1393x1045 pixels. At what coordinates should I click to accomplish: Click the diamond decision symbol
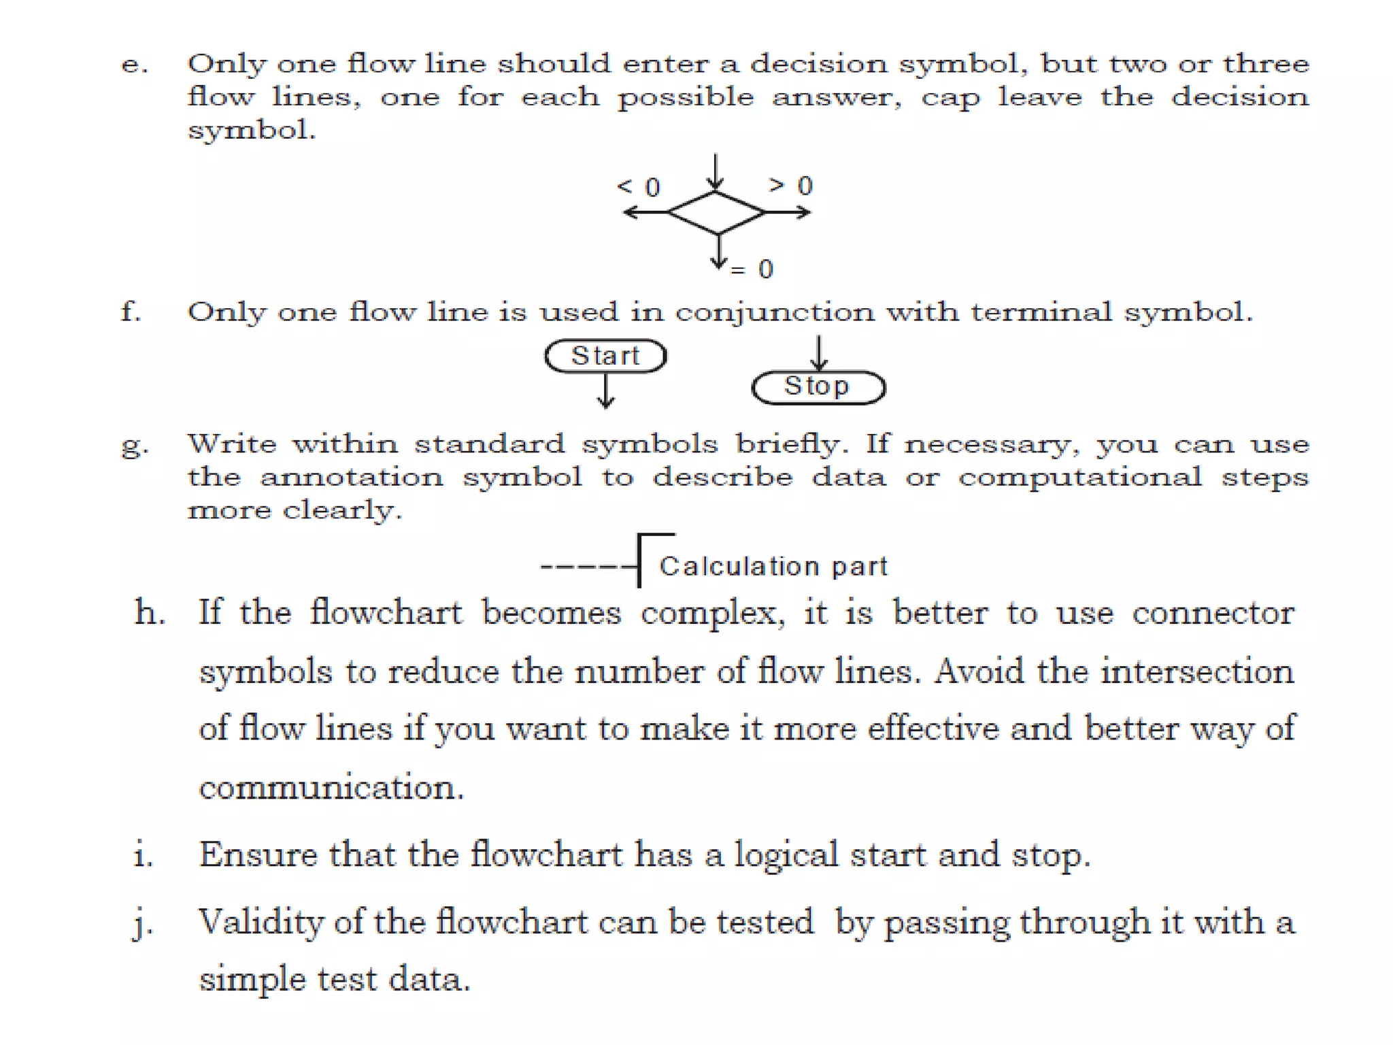pyautogui.click(x=716, y=213)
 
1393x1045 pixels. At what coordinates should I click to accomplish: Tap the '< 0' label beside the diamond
pyautogui.click(x=638, y=186)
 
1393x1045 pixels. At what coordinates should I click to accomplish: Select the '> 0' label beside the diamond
pyautogui.click(x=790, y=185)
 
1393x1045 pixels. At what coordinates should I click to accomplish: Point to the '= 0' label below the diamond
pyautogui.click(x=752, y=269)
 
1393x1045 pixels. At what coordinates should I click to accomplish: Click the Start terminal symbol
pyautogui.click(x=605, y=356)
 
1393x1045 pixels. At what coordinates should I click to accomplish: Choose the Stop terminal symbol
pyautogui.click(x=818, y=387)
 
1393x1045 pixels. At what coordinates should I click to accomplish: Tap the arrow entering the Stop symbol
pyautogui.click(x=819, y=352)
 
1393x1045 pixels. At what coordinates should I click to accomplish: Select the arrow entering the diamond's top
pyautogui.click(x=715, y=171)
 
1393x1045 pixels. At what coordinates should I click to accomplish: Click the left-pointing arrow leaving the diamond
pyautogui.click(x=645, y=213)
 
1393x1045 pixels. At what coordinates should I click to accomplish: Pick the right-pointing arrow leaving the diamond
pyautogui.click(x=788, y=213)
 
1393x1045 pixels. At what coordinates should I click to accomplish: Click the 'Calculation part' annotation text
pyautogui.click(x=773, y=566)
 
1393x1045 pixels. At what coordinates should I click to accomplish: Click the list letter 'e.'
pyautogui.click(x=134, y=65)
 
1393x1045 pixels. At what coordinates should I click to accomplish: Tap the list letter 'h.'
pyautogui.click(x=150, y=612)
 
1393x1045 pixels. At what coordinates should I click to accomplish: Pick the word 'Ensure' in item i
pyautogui.click(x=258, y=855)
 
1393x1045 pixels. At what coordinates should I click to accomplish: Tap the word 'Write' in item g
pyautogui.click(x=232, y=444)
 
